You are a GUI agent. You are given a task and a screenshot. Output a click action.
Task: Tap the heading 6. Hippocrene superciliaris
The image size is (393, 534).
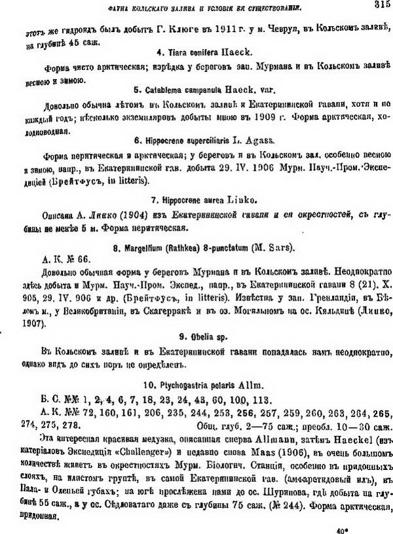(x=198, y=141)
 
